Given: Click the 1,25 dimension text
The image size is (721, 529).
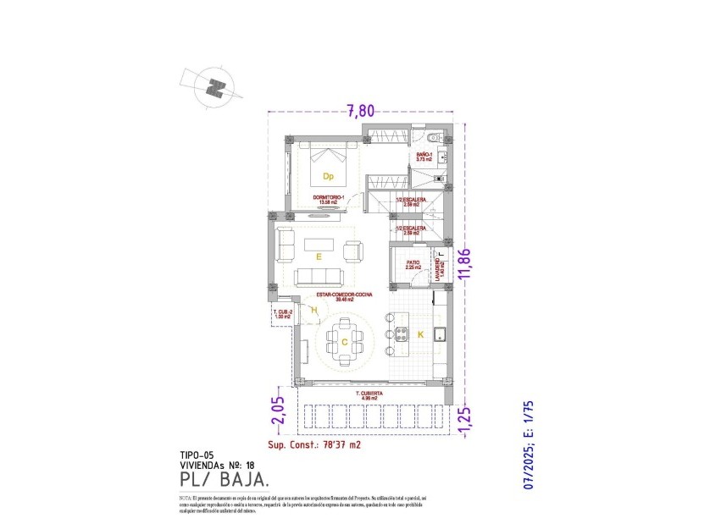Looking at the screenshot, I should pyautogui.click(x=463, y=417).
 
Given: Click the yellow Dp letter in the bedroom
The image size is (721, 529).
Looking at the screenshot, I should pyautogui.click(x=328, y=177).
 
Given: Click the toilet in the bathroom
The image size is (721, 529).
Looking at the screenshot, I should pyautogui.click(x=432, y=139).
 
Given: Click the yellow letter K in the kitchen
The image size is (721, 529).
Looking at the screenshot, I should pyautogui.click(x=420, y=335).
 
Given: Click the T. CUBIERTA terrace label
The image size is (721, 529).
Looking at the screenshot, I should pyautogui.click(x=371, y=395).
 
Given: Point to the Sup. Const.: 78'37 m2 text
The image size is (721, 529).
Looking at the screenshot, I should pyautogui.click(x=314, y=444).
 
